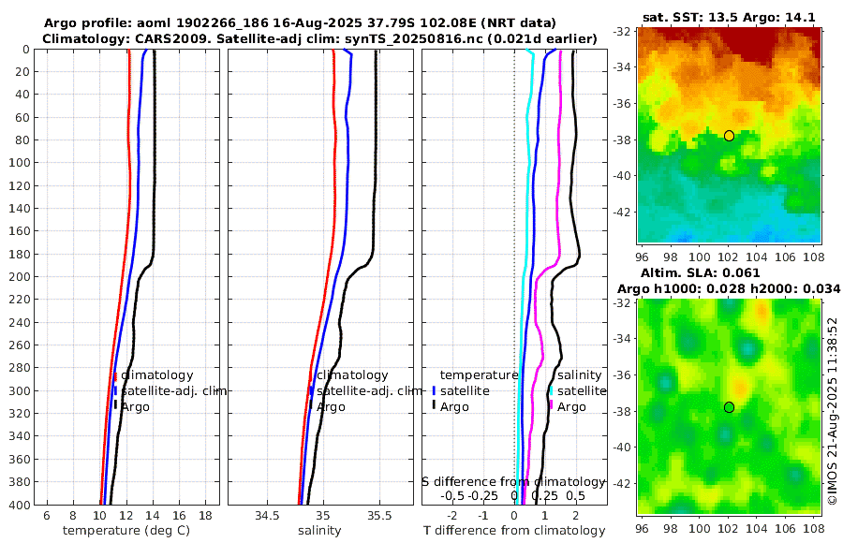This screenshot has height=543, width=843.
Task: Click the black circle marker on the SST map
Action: pyautogui.click(x=729, y=136)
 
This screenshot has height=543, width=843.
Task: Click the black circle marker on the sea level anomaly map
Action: pyautogui.click(x=729, y=407)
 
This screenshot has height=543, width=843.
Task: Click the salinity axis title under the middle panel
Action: pyautogui.click(x=319, y=530)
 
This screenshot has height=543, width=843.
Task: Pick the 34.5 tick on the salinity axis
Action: pyautogui.click(x=267, y=515)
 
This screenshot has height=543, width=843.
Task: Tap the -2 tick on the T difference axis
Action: pyautogui.click(x=452, y=515)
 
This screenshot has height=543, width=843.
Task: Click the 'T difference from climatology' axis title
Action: pyautogui.click(x=513, y=531)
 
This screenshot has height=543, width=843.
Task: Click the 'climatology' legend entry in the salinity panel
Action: pyautogui.click(x=352, y=374)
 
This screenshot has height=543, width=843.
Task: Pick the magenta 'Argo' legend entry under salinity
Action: pyautogui.click(x=571, y=406)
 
